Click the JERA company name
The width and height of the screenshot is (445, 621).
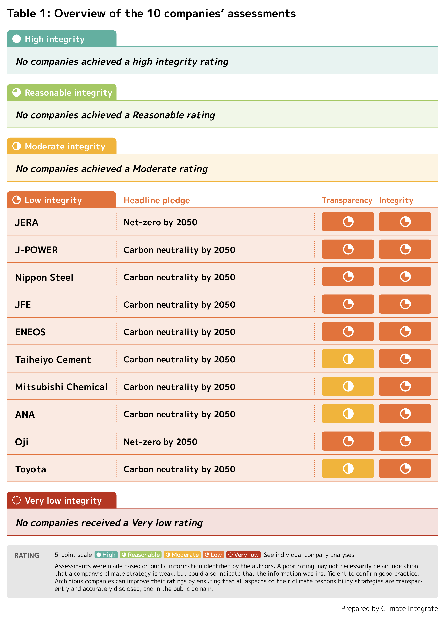click(27, 222)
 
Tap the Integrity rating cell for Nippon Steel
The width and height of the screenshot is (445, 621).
click(405, 277)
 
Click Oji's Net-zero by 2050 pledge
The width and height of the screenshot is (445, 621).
click(160, 442)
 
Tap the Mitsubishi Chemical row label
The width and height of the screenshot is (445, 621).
click(61, 387)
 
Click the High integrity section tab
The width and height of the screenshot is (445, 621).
click(62, 39)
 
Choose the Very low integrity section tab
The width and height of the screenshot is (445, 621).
click(62, 500)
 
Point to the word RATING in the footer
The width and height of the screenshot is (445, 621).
click(27, 555)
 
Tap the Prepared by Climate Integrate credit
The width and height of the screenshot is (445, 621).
click(389, 608)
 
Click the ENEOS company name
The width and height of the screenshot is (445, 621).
click(30, 332)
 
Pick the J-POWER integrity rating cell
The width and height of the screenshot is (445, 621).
click(405, 249)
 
